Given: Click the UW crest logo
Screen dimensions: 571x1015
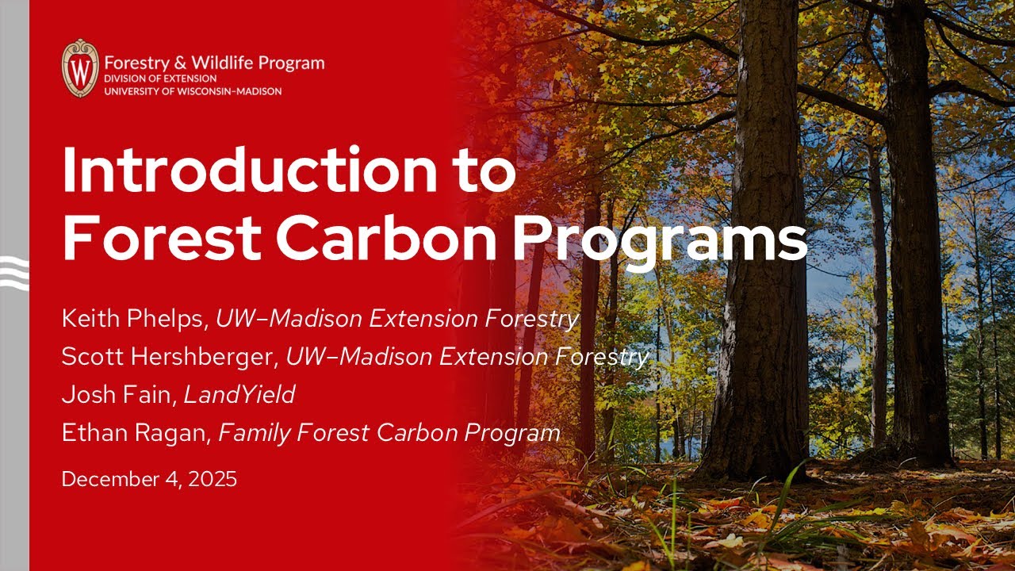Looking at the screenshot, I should point(80,67).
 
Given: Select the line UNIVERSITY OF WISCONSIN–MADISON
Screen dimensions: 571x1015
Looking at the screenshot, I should point(193,91).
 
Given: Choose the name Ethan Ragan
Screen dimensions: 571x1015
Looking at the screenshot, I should point(136,433).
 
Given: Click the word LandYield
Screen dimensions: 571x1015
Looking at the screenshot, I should point(239,395).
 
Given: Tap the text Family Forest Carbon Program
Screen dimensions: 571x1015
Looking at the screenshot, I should point(389,433).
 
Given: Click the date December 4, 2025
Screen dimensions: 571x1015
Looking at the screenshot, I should point(149,479).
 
